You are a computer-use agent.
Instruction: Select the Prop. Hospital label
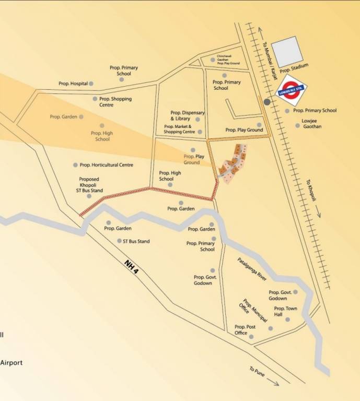[72, 84]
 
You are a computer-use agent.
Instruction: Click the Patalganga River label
[252, 269]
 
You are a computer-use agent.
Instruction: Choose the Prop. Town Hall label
[285, 312]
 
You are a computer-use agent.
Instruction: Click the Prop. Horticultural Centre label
[106, 165]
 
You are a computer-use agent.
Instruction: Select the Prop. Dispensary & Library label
[188, 115]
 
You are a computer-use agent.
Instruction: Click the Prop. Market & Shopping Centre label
[178, 129]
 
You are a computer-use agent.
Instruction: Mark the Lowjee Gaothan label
[312, 124]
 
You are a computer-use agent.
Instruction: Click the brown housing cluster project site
[233, 162]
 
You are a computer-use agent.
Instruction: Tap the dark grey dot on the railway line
[268, 102]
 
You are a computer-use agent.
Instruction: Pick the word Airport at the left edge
[11, 362]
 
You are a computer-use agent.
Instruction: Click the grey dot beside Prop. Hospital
[91, 84]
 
